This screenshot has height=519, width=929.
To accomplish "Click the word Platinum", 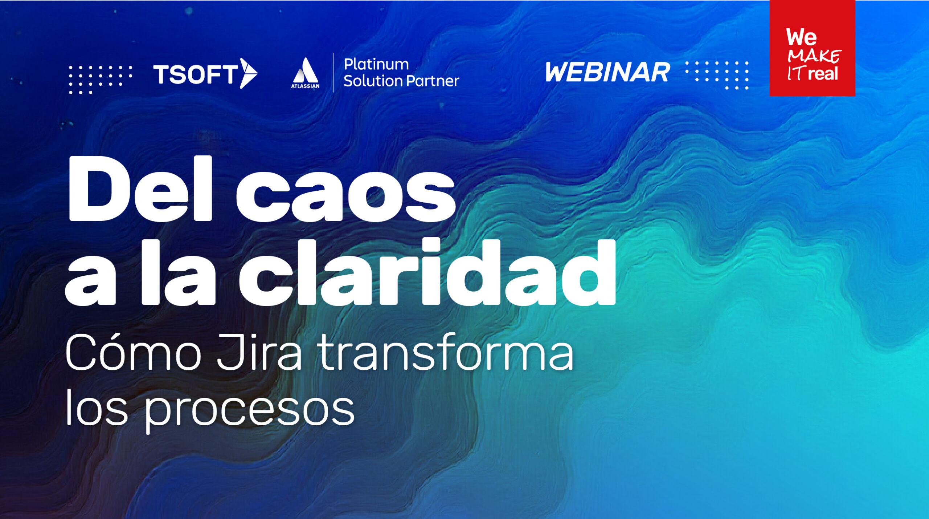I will coord(376,65).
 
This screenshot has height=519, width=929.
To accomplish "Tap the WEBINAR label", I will coord(607,72).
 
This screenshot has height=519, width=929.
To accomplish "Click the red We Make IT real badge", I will coord(812,48).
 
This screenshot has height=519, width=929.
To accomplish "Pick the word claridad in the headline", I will coord(427,272).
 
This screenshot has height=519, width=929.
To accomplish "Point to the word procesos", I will coord(249,410).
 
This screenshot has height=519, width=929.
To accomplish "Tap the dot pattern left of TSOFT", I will coord(100,80).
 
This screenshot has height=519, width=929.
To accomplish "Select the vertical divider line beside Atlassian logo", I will coord(333,73).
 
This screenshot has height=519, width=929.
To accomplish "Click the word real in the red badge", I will coord(823,74).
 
